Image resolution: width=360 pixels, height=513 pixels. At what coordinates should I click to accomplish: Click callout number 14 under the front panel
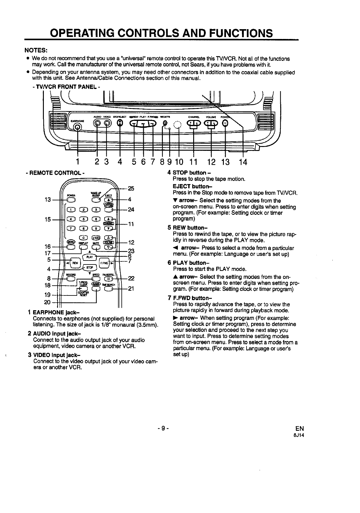pyautogui.click(x=243, y=162)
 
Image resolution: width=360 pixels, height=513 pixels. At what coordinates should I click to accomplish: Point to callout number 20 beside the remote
pyautogui.click(x=47, y=302)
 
